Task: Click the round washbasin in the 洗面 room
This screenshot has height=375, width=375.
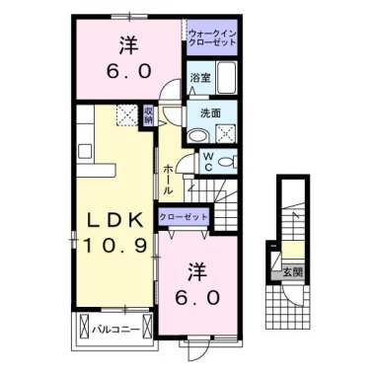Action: tap(197, 134)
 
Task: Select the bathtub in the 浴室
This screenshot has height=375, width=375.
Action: tap(225, 78)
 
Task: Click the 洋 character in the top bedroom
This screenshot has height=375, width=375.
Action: tap(127, 44)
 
